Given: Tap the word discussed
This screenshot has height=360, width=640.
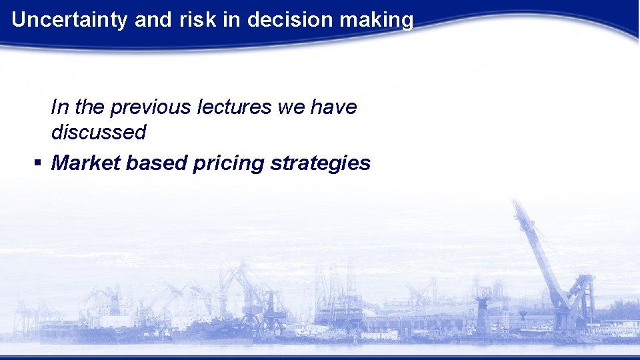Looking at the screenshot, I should pyautogui.click(x=99, y=132).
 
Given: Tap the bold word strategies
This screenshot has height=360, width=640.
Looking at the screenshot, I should pyautogui.click(x=320, y=163).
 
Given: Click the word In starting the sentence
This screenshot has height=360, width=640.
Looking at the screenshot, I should pyautogui.click(x=59, y=107).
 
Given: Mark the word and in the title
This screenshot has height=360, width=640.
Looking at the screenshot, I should pyautogui.click(x=152, y=20).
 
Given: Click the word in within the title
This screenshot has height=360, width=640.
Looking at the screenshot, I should pyautogui.click(x=231, y=20).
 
